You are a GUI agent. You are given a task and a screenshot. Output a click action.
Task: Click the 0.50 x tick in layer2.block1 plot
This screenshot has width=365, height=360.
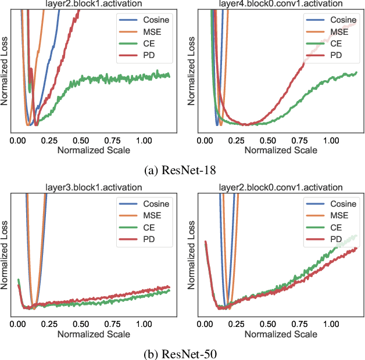click(81, 141)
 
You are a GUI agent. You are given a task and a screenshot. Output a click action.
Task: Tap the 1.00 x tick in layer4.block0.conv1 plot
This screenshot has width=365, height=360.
click(331, 141)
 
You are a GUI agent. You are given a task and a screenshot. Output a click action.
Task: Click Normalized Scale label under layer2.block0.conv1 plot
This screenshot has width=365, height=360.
click(281, 334)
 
